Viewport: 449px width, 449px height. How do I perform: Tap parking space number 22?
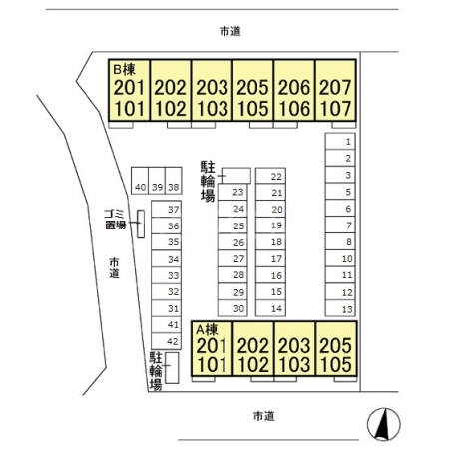(277, 176)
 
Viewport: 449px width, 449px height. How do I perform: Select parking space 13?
(346, 309)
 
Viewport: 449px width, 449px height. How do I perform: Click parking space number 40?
(140, 187)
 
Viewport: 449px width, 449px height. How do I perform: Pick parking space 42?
(173, 341)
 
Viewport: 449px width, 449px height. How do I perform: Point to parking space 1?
(346, 142)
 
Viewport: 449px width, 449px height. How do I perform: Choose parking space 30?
(238, 309)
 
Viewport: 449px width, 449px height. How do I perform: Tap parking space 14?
(277, 309)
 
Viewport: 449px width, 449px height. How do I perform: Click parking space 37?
(173, 209)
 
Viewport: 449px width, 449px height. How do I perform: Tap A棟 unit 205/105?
(335, 353)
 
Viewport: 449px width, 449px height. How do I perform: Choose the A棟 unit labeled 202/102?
(253, 353)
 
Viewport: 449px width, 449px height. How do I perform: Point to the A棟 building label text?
(206, 328)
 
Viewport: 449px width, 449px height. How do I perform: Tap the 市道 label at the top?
(229, 31)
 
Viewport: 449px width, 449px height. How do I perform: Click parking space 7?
(346, 225)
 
